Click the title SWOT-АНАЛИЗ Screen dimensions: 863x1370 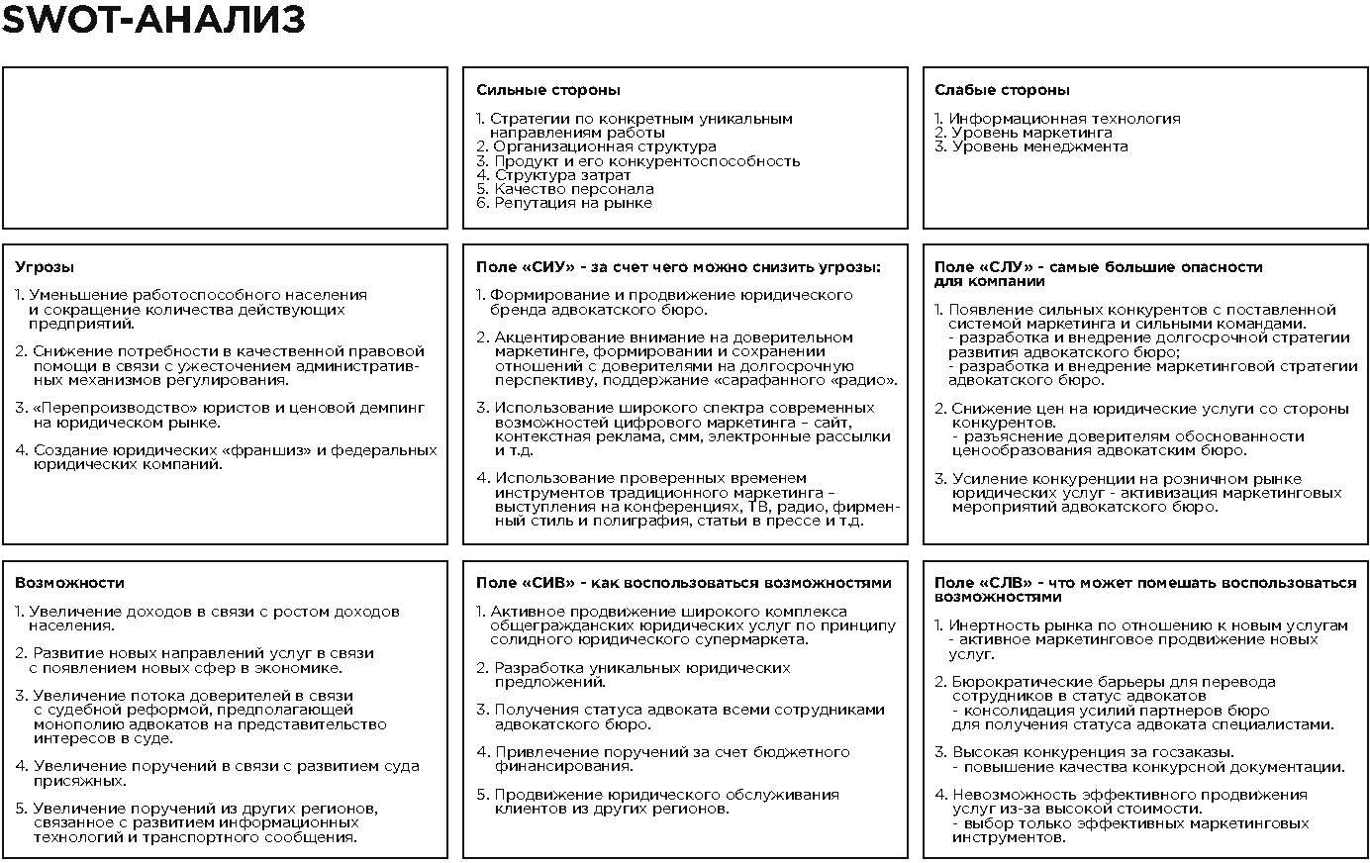coord(153,21)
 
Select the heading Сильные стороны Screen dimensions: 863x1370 coord(547,90)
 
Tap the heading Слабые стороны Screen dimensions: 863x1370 coord(1002,90)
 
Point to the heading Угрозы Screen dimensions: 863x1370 coord(45,267)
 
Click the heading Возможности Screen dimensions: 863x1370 coord(69,583)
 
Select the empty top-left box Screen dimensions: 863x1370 coord(225,147)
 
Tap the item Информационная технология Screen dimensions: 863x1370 coord(1064,119)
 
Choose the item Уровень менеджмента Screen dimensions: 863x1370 coord(1039,146)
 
